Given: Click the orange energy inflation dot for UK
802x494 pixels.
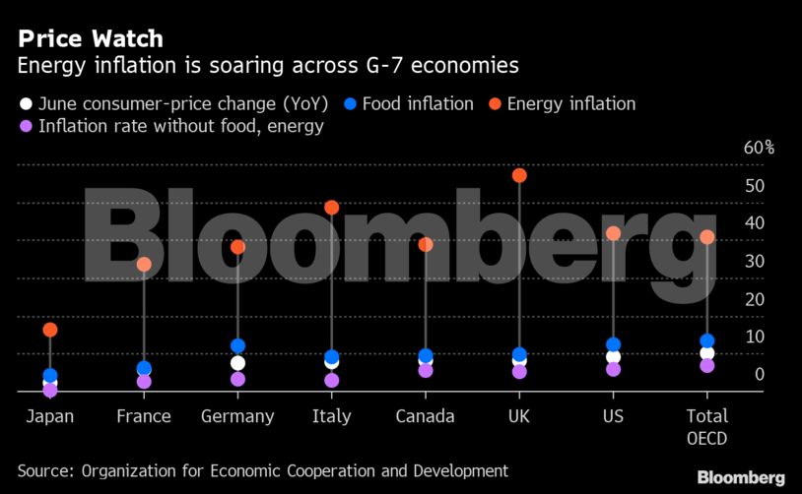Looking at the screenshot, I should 519,175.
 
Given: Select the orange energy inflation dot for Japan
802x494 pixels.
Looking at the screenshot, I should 50,330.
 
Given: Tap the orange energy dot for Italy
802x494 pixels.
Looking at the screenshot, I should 332,208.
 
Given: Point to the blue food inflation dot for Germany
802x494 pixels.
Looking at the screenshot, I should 237,345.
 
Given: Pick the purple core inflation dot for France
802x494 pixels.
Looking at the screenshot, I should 144,381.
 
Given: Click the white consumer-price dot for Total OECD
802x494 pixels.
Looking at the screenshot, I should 706,352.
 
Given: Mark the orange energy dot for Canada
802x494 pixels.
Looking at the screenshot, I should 426,244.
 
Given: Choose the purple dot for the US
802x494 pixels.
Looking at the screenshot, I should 613,369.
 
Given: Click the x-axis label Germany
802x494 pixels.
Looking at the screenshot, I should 237,416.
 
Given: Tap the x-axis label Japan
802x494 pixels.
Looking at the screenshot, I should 50,416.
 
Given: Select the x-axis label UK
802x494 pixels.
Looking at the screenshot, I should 519,416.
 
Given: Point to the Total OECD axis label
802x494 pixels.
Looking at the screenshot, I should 706,425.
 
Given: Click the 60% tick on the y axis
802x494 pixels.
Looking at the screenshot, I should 759,149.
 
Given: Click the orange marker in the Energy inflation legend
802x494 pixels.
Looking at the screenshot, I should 496,103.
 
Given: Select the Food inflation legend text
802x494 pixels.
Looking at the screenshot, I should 418,103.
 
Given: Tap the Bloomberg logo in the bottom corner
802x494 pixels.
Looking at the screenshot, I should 741,477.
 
